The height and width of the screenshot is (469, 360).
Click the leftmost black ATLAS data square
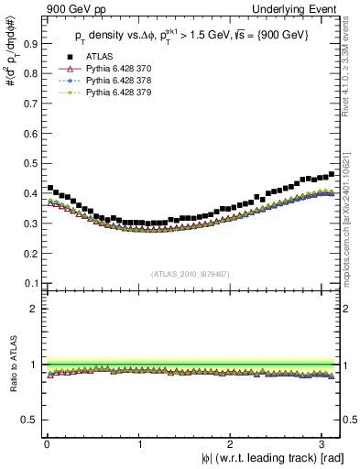click(50, 188)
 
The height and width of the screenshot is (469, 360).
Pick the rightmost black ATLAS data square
click(331, 174)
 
